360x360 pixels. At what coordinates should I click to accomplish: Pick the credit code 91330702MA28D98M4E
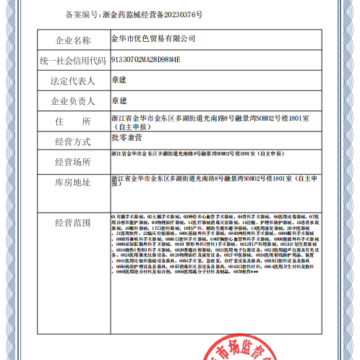click(145, 59)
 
